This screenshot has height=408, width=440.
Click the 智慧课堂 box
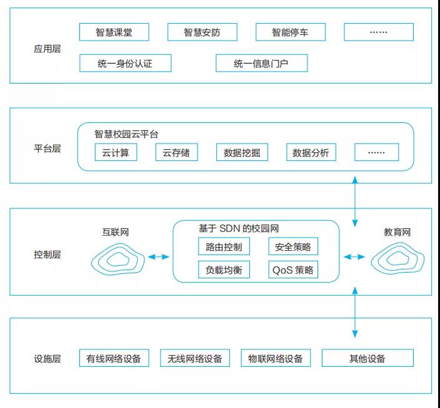click(114, 32)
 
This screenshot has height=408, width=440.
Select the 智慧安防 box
click(202, 32)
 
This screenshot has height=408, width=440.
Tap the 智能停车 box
click(290, 32)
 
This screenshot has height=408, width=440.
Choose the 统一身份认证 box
click(125, 63)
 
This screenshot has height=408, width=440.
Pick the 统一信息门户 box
click(261, 63)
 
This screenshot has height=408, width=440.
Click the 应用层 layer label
click(47, 48)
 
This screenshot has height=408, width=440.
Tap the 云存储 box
click(176, 152)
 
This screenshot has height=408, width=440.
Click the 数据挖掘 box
click(242, 152)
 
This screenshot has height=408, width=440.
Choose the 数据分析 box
click(311, 152)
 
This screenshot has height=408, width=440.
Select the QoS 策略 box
click(293, 270)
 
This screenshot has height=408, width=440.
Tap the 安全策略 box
click(293, 246)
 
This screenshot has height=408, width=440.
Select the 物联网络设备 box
click(275, 358)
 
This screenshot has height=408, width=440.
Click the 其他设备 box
click(367, 358)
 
